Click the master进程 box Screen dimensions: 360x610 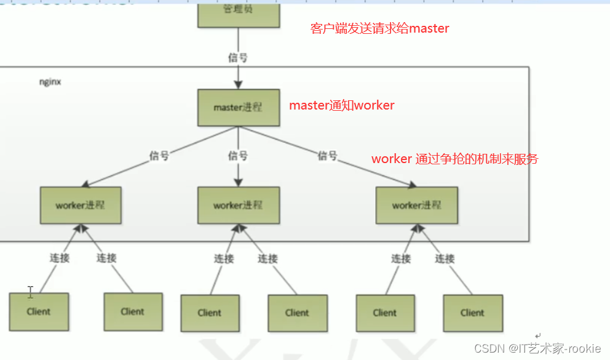[237, 107]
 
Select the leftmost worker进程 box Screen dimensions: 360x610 [81, 205]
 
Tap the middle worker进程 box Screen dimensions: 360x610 [237, 205]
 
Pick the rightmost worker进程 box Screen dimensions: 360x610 [416, 205]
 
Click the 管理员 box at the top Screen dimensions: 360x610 [237, 12]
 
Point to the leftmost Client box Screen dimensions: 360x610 [39, 311]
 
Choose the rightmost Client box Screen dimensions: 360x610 [472, 313]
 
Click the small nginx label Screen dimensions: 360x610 [50, 81]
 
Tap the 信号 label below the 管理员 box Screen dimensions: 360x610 [238, 57]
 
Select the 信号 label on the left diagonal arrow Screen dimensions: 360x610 [159, 156]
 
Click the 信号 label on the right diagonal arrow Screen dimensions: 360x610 [327, 156]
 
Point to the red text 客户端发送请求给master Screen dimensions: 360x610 [379, 28]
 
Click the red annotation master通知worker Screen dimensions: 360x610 [342, 105]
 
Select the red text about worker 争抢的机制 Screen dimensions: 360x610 [454, 159]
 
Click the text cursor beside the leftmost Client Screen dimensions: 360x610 [30, 292]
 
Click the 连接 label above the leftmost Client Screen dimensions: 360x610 [60, 258]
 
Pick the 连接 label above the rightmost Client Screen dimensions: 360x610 [445, 258]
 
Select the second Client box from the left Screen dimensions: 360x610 [133, 311]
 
